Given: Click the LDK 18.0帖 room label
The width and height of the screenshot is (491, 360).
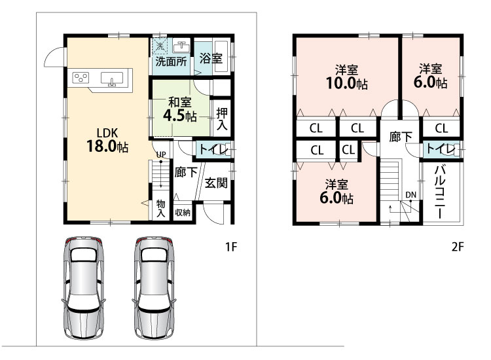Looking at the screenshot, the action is coord(107,140).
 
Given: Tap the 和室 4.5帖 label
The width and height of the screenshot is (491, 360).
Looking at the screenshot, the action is coord(180,109).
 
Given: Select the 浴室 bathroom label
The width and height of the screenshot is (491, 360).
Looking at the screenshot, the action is coord(211,58).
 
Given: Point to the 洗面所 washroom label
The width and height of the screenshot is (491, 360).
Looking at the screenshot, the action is coord(171,62).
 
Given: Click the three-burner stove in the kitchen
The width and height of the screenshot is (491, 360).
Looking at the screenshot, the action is coord(81,77).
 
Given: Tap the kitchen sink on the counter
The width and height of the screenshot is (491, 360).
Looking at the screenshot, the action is coord(112,79).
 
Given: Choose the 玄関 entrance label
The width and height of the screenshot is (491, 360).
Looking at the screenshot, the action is coord(216,183).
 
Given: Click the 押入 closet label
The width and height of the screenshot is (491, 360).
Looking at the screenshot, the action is coord(222,118).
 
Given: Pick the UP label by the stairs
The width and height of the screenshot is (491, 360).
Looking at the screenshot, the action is coord(161,154).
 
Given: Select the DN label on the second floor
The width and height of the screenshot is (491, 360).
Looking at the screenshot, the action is coord(411,195).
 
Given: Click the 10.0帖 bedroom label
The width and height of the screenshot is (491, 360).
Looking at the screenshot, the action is coord(346,77).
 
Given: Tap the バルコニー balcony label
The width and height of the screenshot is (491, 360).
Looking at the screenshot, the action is coord(440,192).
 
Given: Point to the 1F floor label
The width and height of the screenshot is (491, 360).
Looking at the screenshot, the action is coord(231,247).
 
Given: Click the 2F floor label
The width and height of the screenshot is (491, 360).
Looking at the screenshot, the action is coord(458,247).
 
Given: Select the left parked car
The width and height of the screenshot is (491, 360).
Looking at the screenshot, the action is coord(83,288).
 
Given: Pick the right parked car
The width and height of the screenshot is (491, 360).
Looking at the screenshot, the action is coord(154,288).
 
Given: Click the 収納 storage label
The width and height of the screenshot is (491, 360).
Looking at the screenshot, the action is coord(183,213).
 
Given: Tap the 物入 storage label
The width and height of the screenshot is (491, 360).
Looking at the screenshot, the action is coord(160,209).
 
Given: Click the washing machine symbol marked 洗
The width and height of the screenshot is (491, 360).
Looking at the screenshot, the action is coord(160,46).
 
